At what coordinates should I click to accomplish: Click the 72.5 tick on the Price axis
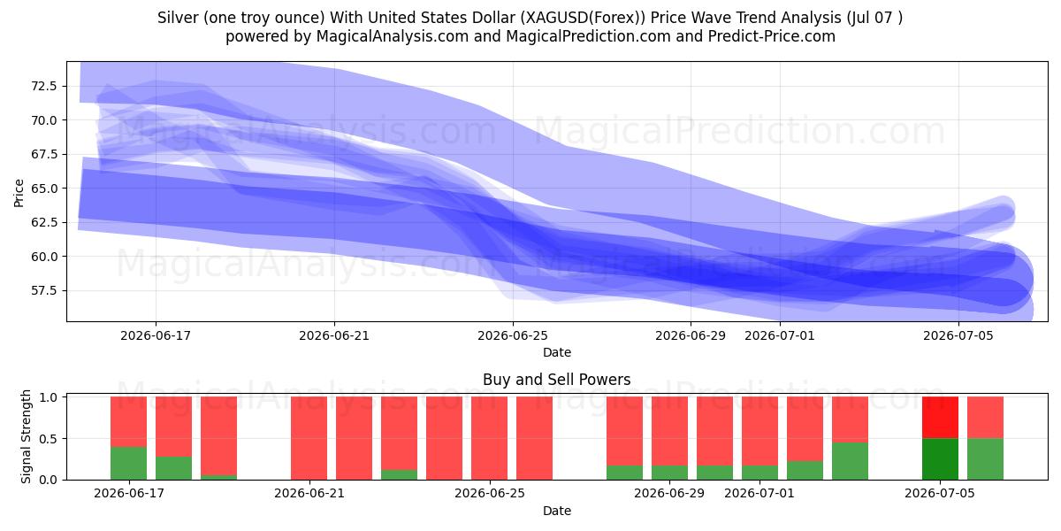tap(44, 87)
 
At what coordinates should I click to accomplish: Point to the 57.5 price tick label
tap(44, 290)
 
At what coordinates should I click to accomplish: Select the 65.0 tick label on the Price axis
tap(44, 189)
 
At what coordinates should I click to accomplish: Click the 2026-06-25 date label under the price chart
tap(513, 335)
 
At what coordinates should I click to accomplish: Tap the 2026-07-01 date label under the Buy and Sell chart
tap(759, 493)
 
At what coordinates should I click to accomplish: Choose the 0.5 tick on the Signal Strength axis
tap(49, 439)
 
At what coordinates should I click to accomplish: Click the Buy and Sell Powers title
tap(556, 380)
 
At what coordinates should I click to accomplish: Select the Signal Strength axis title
tap(26, 436)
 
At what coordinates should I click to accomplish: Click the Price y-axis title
tap(19, 193)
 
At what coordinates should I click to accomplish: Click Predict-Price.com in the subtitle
tap(772, 36)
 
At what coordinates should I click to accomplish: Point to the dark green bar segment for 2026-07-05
tap(940, 459)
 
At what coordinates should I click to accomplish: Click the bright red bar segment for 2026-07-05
tap(940, 418)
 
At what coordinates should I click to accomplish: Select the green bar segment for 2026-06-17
tap(128, 463)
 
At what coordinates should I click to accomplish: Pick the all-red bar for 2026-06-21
tap(309, 438)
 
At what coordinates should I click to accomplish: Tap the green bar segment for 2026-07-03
tap(850, 461)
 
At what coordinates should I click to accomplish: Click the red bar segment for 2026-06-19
tap(219, 436)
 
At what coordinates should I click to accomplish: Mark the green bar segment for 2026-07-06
tap(985, 459)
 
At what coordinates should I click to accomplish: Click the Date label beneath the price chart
tap(556, 352)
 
